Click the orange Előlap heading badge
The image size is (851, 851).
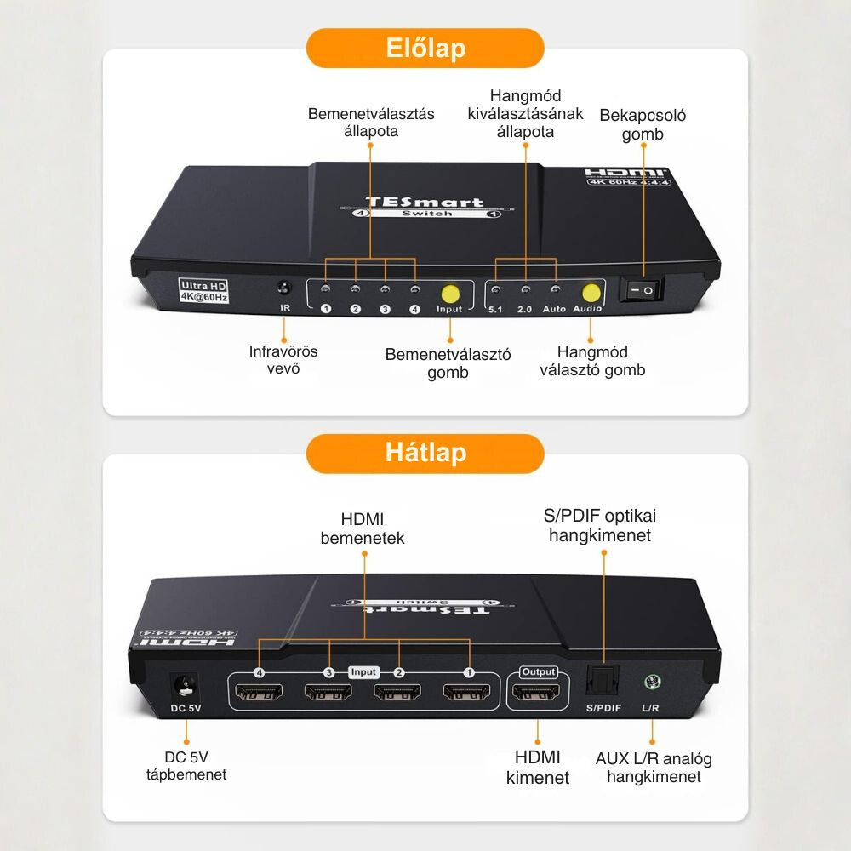tap(425, 49)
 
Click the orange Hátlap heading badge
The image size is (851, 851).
tap(425, 453)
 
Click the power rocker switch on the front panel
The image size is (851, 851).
tap(640, 290)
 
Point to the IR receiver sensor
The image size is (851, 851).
tap(286, 289)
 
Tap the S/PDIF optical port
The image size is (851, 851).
tap(603, 681)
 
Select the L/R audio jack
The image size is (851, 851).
tap(653, 682)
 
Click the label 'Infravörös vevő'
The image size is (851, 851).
tap(283, 359)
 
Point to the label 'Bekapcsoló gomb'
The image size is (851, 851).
tap(643, 124)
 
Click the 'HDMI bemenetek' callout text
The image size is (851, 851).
tap(363, 528)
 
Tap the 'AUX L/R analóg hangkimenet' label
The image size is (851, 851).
tap(654, 767)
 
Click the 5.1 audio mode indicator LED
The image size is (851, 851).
tap(496, 291)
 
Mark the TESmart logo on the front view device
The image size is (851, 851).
tap(424, 203)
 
